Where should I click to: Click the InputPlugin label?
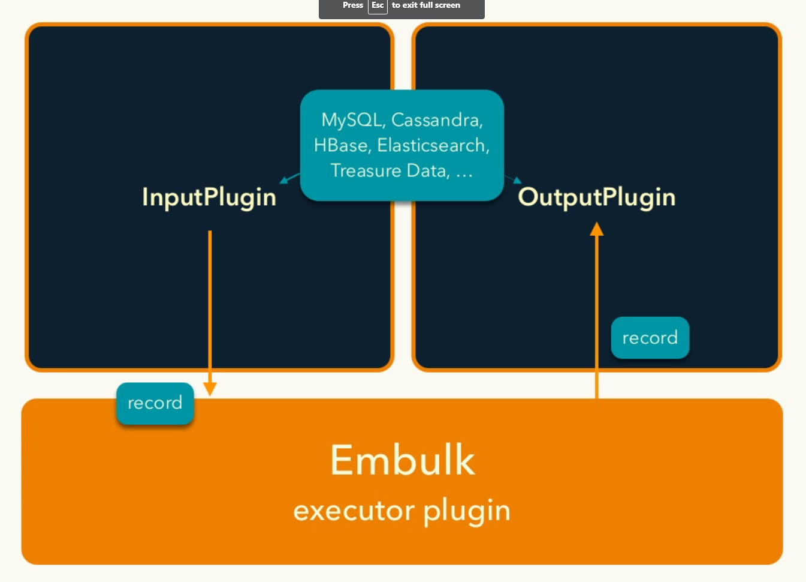[x=209, y=197]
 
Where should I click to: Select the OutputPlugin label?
[x=597, y=197]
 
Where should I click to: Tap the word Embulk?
[x=403, y=460]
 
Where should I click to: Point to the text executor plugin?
[x=402, y=511]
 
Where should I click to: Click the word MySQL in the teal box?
[x=351, y=120]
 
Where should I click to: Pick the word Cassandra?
[x=437, y=120]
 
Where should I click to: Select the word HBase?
[x=340, y=145]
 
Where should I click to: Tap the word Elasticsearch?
[x=433, y=145]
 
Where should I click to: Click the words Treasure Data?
[x=390, y=171]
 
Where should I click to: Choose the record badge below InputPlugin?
[x=155, y=403]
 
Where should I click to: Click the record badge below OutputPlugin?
[x=650, y=338]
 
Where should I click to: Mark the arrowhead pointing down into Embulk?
[x=210, y=389]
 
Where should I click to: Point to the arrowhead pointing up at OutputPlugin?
[x=597, y=229]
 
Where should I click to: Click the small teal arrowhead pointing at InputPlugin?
[x=283, y=180]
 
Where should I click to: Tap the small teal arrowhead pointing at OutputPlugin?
[x=517, y=180]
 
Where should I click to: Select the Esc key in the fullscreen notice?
[x=378, y=5]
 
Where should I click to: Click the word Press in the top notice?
[x=353, y=5]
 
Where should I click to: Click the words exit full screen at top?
[x=431, y=5]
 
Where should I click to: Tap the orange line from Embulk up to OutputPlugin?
[x=597, y=312]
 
